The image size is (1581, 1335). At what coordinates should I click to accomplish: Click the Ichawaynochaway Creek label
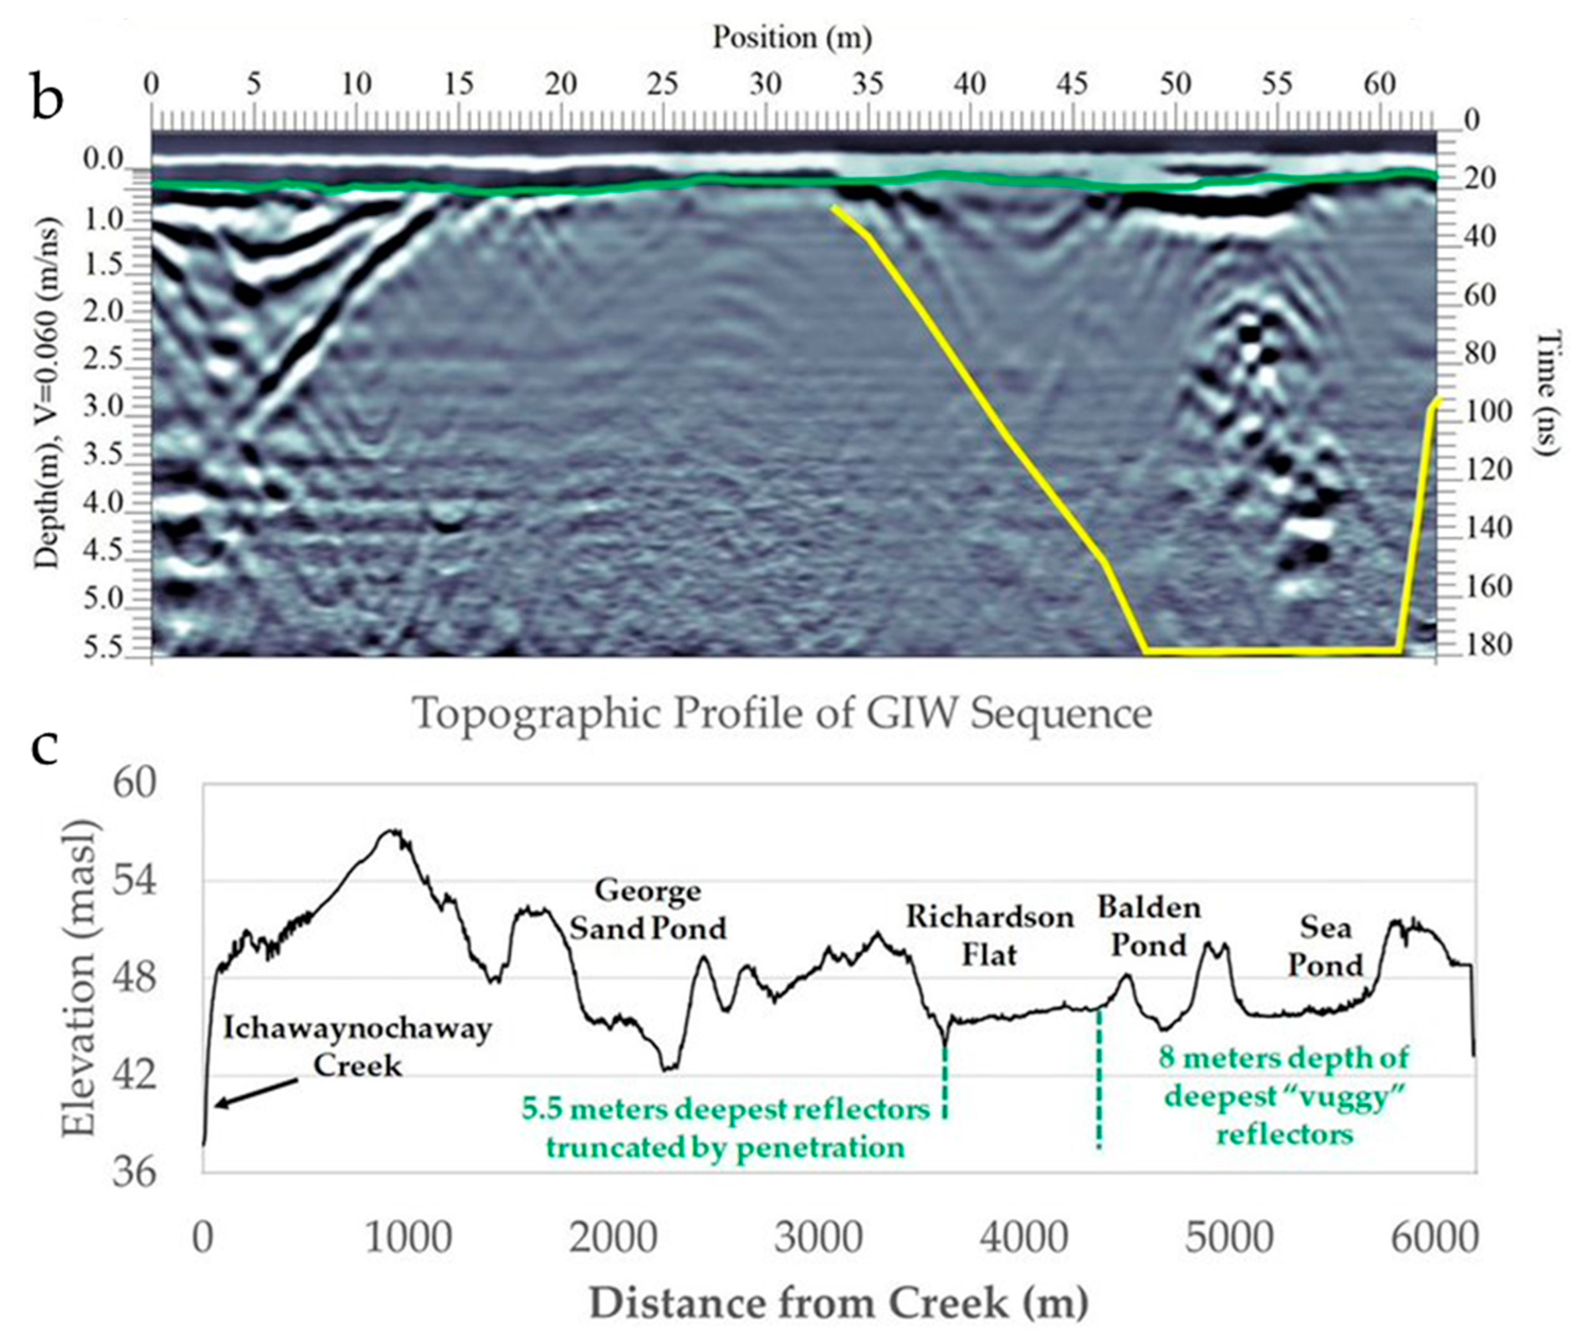(357, 1047)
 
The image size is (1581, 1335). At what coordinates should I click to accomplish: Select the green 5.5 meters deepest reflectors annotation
(725, 1128)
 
